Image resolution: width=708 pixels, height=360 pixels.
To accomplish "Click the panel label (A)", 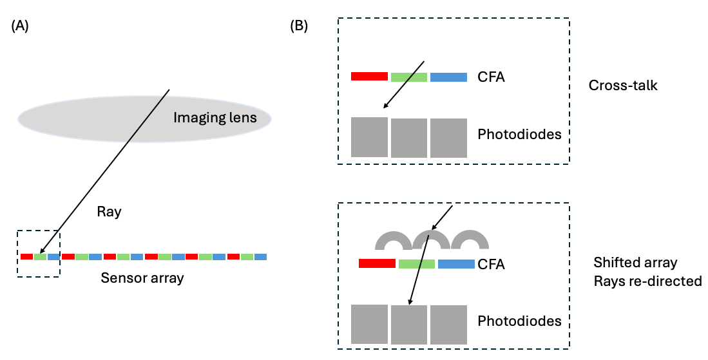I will [x=21, y=26].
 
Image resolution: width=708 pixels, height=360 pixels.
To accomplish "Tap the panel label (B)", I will [x=299, y=26].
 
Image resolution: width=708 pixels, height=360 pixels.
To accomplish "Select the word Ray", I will [x=109, y=211].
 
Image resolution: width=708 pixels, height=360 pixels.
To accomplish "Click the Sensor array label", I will [x=142, y=278].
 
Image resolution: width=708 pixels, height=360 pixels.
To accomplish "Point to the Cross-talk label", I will [x=623, y=85].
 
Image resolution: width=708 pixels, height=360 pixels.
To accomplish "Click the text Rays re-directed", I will [x=647, y=281].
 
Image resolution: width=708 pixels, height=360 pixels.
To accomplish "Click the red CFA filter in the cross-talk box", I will [x=369, y=77].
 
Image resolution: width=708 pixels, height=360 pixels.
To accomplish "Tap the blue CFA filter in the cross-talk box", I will [x=448, y=77].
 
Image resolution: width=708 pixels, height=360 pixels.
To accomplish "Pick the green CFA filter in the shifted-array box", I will [x=417, y=263].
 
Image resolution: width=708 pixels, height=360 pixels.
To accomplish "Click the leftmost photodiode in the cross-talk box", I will [x=369, y=137].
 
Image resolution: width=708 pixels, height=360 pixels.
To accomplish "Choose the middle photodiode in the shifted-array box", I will [x=409, y=324].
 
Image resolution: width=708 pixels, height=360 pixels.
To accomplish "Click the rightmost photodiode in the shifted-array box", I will [x=448, y=324].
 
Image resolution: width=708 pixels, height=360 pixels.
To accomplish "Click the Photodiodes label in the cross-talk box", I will [x=519, y=135].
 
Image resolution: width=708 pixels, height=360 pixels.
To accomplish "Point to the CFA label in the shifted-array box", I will [x=492, y=264].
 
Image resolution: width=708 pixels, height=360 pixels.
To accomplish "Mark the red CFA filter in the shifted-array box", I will [x=377, y=263].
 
